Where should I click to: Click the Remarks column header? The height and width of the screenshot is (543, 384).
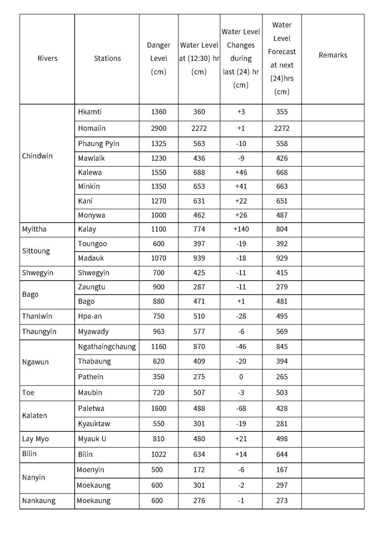333,55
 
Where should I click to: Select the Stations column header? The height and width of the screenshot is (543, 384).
107,58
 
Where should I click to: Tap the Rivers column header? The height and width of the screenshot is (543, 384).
47,58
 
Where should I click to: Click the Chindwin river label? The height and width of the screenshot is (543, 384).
37,156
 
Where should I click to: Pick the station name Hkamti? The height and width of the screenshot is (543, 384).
87,112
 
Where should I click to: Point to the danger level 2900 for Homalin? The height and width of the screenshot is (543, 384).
158,128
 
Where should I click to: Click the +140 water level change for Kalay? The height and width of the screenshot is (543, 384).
241,229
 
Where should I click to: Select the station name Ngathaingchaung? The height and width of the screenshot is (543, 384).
107,347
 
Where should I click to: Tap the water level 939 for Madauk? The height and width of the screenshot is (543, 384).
199,258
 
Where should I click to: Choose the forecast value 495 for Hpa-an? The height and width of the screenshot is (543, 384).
281,316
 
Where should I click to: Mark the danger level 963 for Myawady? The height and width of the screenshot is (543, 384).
158,331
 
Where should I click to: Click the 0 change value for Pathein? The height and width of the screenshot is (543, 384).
241,376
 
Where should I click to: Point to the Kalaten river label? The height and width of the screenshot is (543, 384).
34,415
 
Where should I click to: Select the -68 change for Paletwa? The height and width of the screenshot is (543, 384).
241,408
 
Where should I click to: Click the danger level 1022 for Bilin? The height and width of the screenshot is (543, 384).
158,454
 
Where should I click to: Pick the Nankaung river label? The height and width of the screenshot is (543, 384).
38,500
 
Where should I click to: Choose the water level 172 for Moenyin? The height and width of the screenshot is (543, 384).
199,470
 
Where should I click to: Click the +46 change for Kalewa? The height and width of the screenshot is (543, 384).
241,172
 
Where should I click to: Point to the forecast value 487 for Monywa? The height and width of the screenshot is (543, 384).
281,215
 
